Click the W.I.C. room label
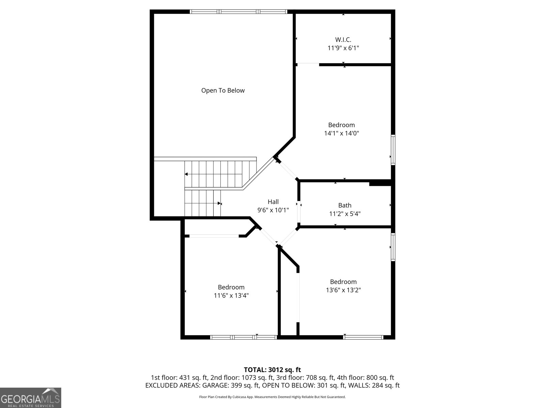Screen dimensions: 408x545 [343, 40]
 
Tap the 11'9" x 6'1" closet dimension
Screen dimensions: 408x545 [343, 48]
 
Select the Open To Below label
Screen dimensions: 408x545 [223, 90]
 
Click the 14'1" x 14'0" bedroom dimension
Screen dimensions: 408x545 [341, 133]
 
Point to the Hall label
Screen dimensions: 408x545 [273, 202]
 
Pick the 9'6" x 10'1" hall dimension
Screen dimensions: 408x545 [273, 210]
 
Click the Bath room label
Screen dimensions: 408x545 [345, 205]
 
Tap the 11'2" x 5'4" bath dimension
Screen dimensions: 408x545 [345, 214]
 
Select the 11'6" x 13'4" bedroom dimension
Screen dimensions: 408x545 [231, 295]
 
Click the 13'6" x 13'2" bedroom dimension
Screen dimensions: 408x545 [343, 290]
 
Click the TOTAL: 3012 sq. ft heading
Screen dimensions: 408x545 [272, 370]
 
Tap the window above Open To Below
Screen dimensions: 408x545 [238, 12]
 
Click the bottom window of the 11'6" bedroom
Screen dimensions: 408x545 [244, 337]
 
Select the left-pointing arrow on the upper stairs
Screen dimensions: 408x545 [186, 174]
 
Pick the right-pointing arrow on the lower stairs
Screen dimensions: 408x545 [220, 204]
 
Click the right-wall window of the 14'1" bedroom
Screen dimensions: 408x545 [393, 150]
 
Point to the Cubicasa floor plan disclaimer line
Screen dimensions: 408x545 [272, 397]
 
